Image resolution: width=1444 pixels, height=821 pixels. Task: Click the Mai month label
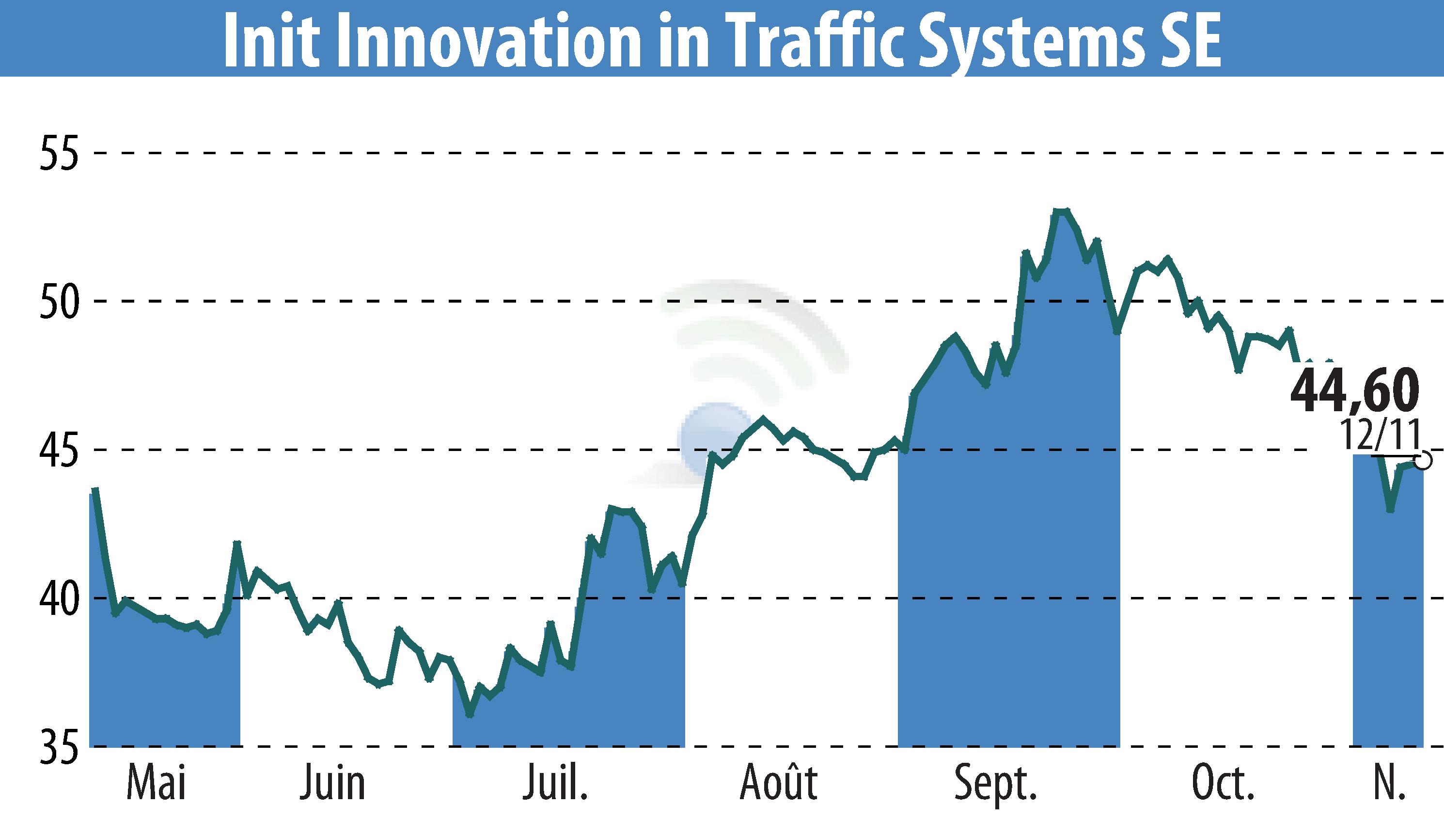pos(156,783)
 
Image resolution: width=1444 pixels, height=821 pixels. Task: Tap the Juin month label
pos(332,783)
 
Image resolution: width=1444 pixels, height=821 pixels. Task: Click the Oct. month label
pos(1223,783)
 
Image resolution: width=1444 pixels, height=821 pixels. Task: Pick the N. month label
pos(1389,783)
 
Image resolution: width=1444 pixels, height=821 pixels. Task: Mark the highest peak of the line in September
pos(1061,211)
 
